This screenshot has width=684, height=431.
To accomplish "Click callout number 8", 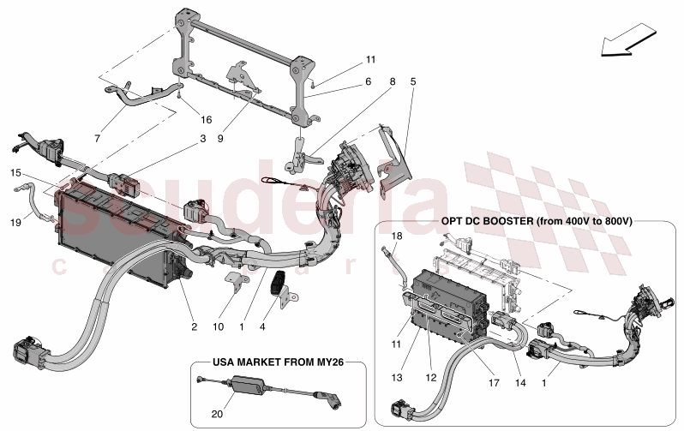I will pos(393,82).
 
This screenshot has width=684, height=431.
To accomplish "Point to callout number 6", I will pos(369,82).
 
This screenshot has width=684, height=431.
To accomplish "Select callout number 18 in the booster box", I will pos(397,235).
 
